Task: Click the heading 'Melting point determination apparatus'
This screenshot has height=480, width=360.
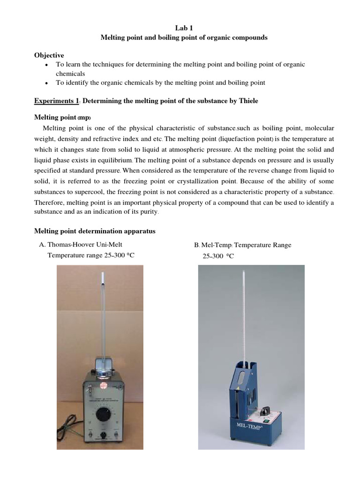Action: [96, 231]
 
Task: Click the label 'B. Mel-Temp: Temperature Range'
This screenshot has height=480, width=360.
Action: [242, 245]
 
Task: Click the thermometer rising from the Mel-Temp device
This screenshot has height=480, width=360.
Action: [244, 309]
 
